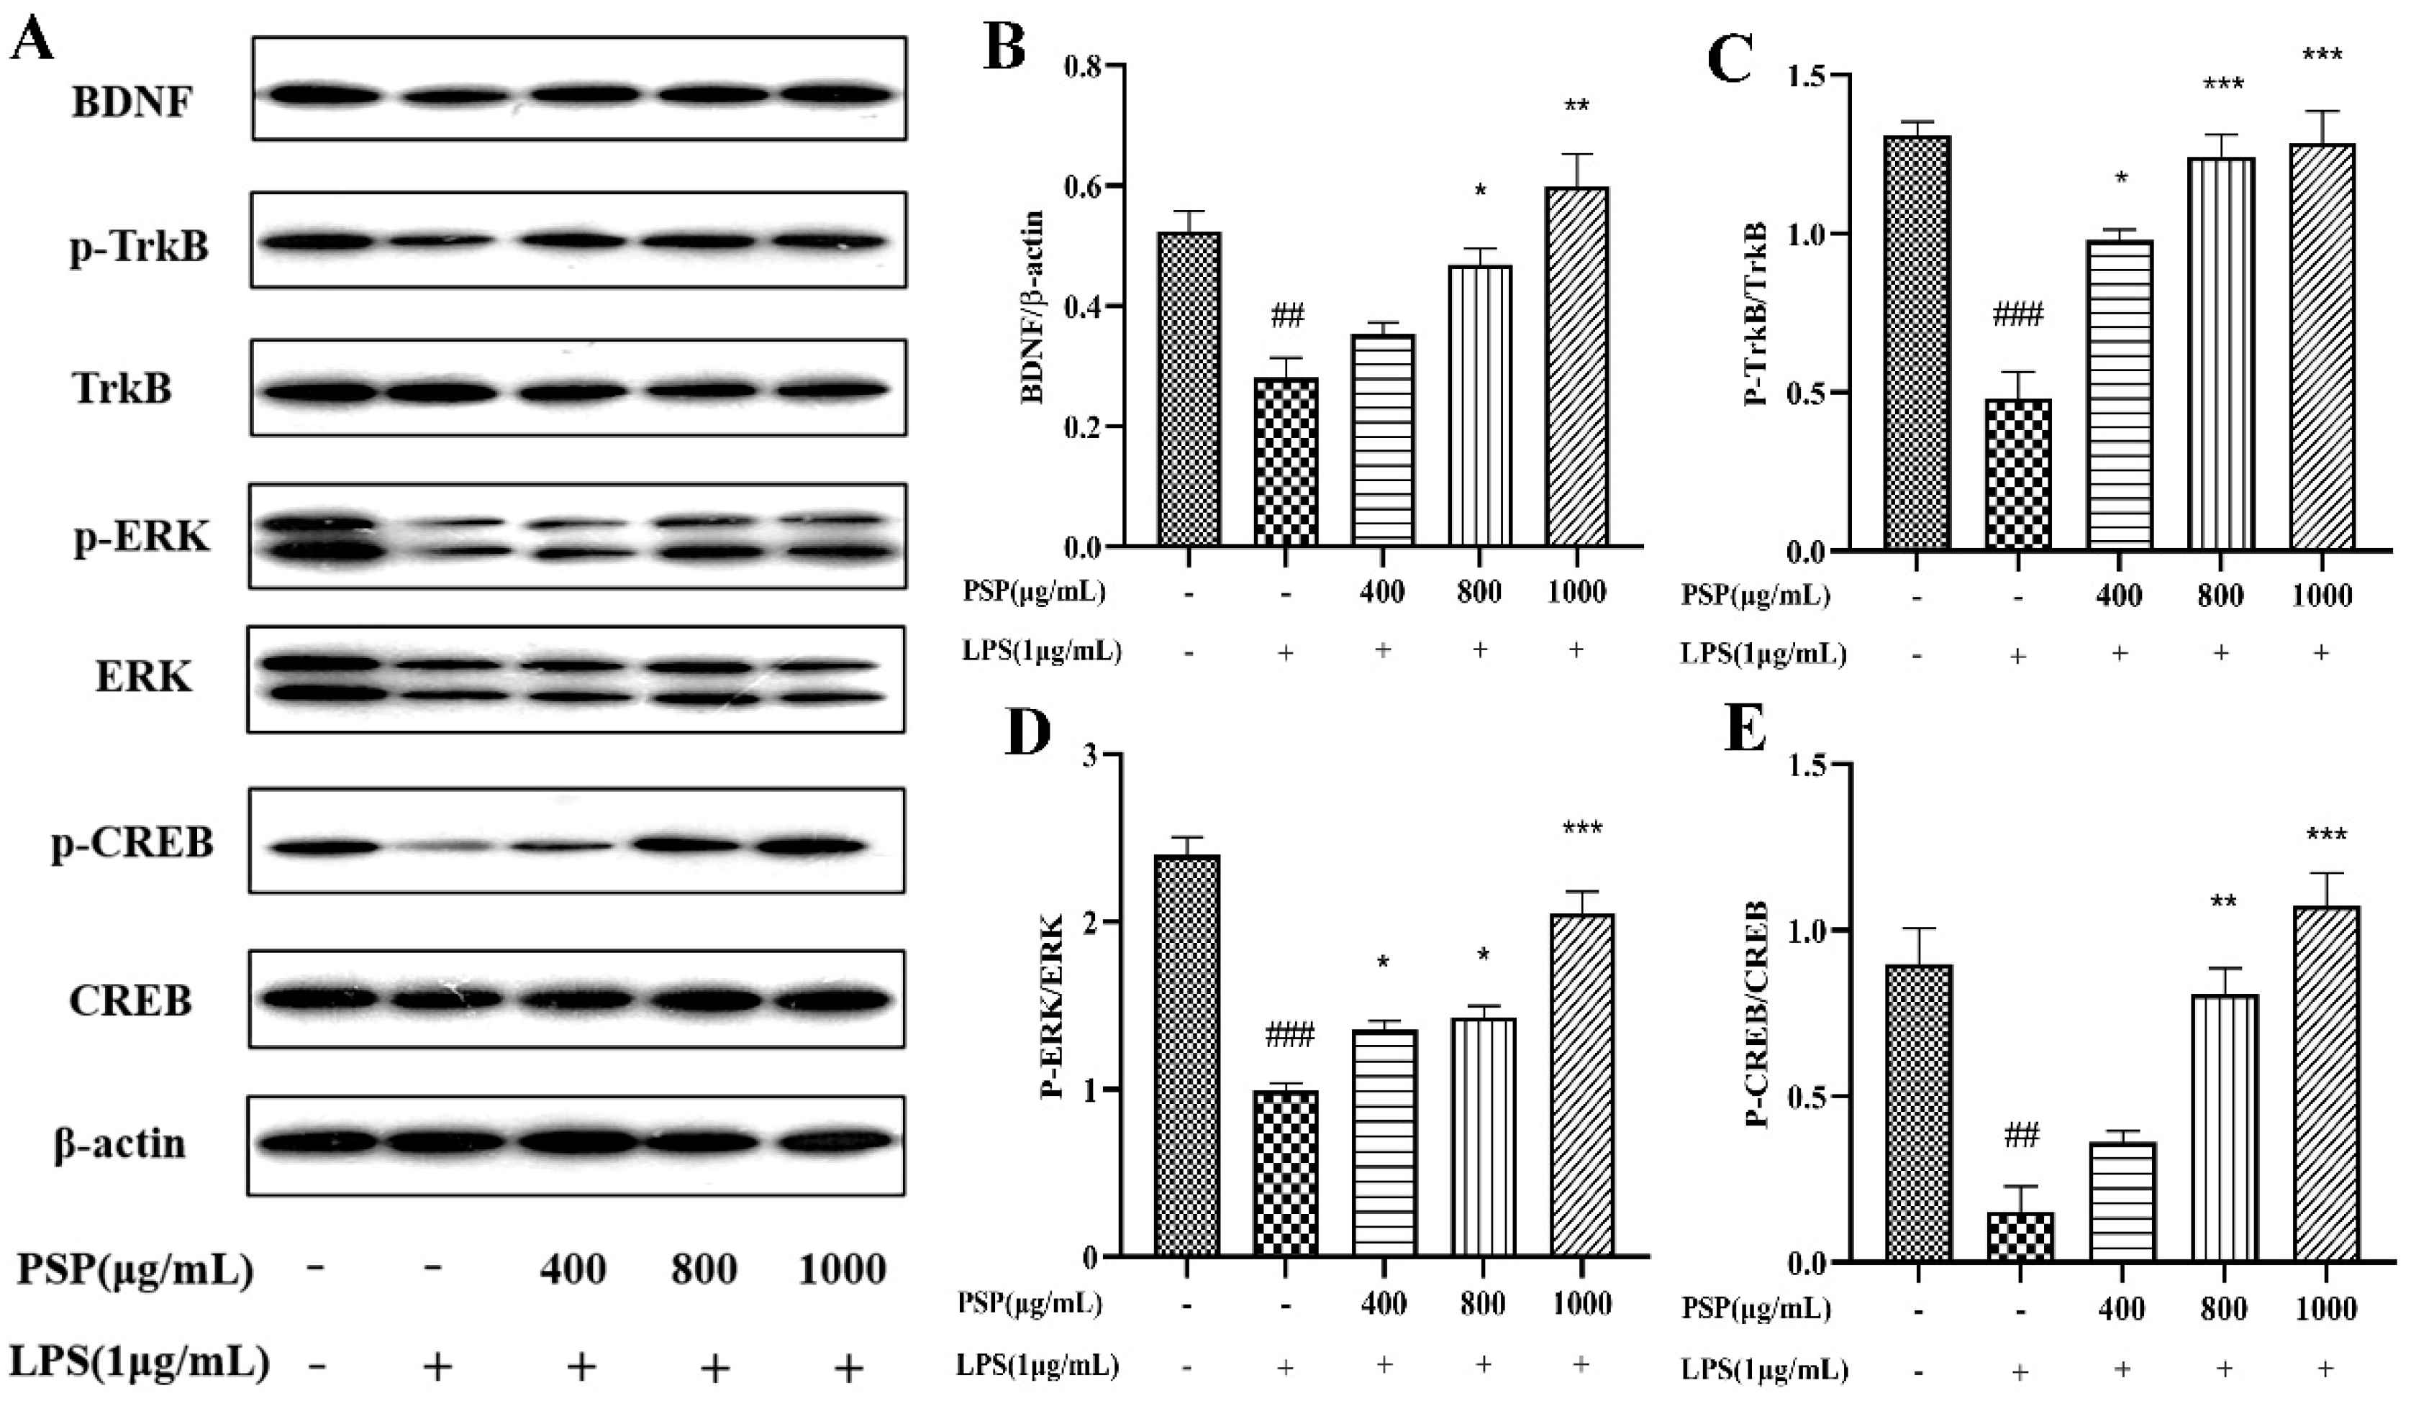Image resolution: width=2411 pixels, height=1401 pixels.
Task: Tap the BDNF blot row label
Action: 132,101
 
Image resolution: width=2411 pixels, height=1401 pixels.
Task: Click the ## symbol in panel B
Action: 1287,316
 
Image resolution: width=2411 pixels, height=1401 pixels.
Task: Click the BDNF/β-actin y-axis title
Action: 1033,307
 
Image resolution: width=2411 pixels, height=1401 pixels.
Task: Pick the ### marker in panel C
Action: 2017,314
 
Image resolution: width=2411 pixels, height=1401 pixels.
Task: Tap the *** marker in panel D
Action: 1581,829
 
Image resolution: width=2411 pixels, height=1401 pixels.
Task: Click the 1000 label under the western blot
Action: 842,1270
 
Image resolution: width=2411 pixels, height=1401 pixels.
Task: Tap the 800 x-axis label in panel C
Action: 2220,595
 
